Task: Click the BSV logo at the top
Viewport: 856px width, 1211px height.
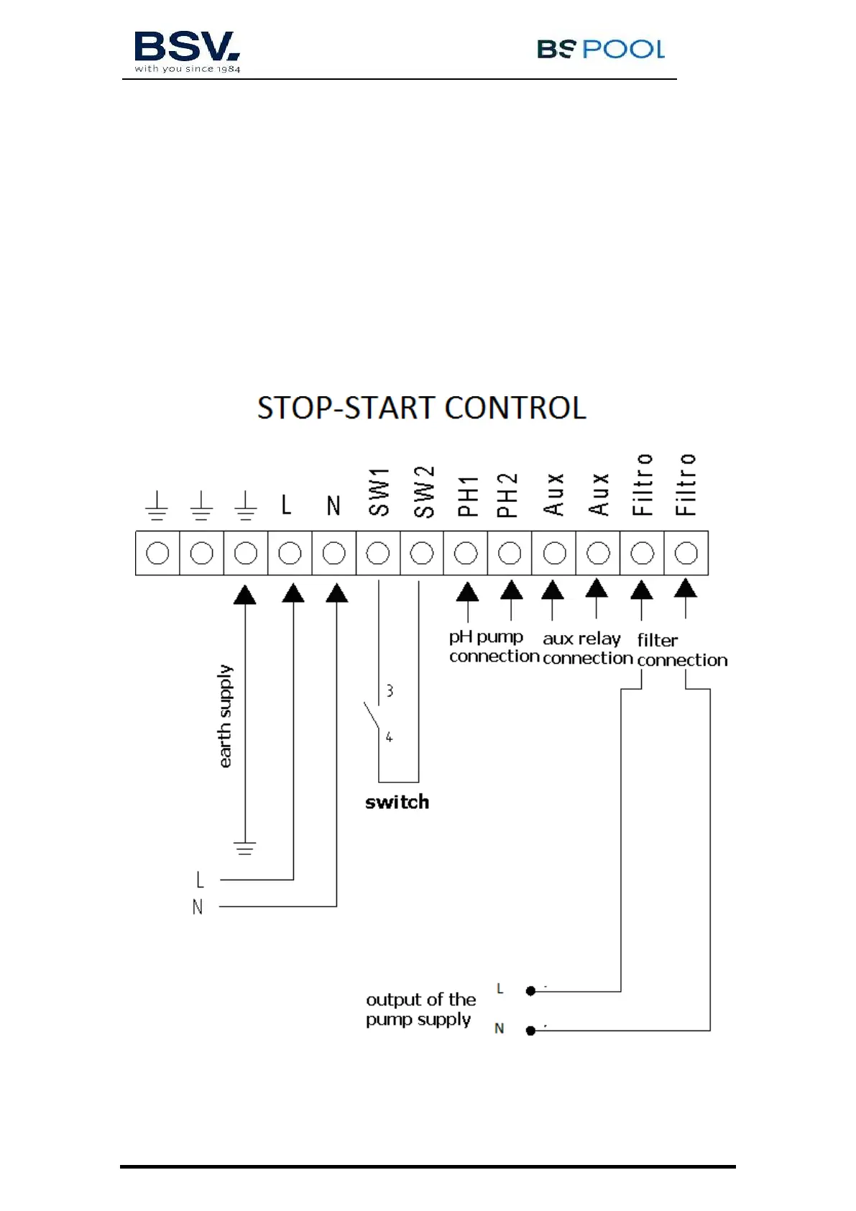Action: pyautogui.click(x=187, y=51)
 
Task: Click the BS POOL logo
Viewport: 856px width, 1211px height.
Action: pyautogui.click(x=600, y=49)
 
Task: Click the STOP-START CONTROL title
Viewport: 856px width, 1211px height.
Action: pyautogui.click(x=422, y=408)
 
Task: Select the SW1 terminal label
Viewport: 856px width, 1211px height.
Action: pyautogui.click(x=379, y=492)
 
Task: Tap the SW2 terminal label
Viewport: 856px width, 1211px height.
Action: pyautogui.click(x=424, y=492)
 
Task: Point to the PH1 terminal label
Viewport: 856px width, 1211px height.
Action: pyautogui.click(x=467, y=496)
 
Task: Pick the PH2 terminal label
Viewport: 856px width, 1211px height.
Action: pyautogui.click(x=507, y=495)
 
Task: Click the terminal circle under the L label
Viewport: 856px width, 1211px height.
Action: pyautogui.click(x=290, y=553)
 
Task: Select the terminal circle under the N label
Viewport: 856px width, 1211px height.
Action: pyautogui.click(x=333, y=553)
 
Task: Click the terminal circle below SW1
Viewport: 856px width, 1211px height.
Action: pyautogui.click(x=378, y=553)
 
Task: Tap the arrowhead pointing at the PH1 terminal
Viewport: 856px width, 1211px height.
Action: pyautogui.click(x=467, y=592)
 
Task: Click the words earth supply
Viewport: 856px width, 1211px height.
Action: pyautogui.click(x=225, y=716)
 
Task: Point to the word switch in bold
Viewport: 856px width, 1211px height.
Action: pyautogui.click(x=397, y=802)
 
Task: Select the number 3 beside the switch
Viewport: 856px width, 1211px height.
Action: pyautogui.click(x=390, y=691)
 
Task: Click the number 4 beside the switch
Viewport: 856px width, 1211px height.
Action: pyautogui.click(x=389, y=737)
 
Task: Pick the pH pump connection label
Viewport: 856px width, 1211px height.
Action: pyautogui.click(x=493, y=646)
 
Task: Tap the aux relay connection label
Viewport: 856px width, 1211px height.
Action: pyautogui.click(x=586, y=648)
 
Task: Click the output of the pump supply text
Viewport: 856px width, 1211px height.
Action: pyautogui.click(x=420, y=1009)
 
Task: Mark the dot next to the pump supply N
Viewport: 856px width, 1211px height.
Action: pyautogui.click(x=530, y=1031)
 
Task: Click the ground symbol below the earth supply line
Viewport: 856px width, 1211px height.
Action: pyautogui.click(x=245, y=847)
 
